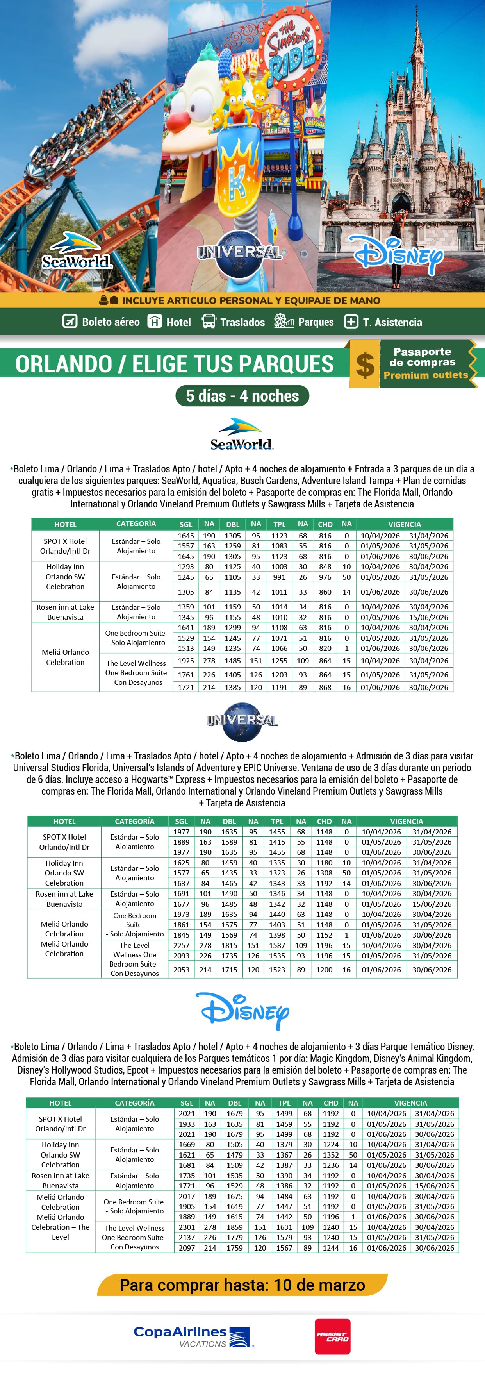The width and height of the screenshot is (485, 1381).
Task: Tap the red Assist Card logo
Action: point(332,1337)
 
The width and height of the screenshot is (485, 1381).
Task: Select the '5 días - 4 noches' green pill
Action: point(242,396)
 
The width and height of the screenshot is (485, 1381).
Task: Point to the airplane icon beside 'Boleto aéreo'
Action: point(70,321)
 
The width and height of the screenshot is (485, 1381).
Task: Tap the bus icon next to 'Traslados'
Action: point(209,321)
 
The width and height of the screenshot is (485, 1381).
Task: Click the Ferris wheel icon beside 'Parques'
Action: point(284,321)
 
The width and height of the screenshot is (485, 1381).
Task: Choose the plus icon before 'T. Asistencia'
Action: point(351,321)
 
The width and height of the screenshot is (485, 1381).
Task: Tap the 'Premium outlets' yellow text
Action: point(426,375)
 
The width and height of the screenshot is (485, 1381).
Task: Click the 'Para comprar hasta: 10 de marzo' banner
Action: point(242,1285)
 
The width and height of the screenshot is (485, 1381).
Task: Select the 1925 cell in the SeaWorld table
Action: point(186,661)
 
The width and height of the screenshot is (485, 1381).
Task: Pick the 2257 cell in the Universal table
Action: point(181,946)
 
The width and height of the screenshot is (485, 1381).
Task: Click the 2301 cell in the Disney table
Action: point(187,1227)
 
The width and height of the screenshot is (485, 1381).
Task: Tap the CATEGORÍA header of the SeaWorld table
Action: point(136,524)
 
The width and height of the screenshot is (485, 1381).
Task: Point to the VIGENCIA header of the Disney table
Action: point(410,1103)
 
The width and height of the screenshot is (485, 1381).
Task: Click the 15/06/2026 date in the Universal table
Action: point(432,904)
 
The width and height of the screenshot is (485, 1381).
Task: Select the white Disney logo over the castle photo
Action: point(399,255)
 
